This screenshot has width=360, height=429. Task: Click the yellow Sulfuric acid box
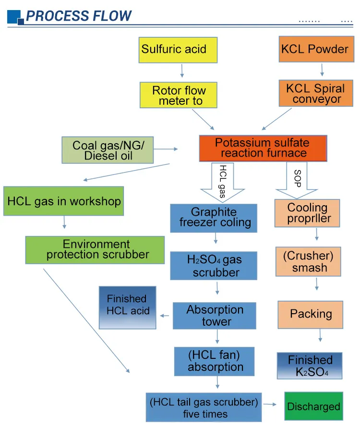point(178,49)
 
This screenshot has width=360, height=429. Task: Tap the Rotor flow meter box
point(179,95)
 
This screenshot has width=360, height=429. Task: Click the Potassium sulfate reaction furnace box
point(263,148)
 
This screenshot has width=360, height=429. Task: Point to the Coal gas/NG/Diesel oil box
point(108,150)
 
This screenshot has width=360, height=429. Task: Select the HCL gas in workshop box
point(63,201)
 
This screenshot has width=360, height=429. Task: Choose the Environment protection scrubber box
point(95,249)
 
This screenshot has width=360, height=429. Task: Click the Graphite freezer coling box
point(215,218)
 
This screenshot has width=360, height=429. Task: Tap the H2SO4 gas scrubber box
point(215,266)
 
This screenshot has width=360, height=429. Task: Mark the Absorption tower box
point(215,316)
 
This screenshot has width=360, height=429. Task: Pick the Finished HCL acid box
point(128,307)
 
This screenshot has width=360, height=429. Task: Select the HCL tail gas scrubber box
point(204,407)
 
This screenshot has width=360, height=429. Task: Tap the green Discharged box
point(313,407)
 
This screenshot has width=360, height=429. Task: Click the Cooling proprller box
point(307,213)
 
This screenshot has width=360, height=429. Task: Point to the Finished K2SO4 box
point(310,366)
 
